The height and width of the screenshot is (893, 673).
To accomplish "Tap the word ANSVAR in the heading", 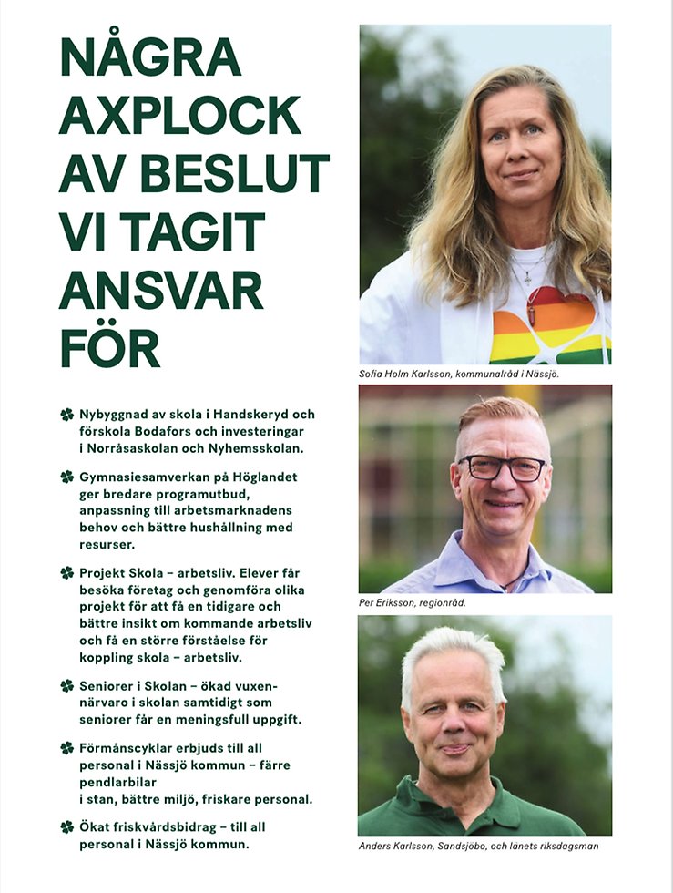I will coord(161,289).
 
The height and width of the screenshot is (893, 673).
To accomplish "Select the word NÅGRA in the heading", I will coord(150,56).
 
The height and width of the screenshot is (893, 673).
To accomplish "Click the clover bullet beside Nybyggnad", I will coord(66,415).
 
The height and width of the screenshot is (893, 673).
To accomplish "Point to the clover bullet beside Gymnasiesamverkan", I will coord(66,477).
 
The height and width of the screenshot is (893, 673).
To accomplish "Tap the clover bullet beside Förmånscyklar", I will coord(66,747).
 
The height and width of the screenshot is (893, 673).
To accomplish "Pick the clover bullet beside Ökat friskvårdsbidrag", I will coord(66,826).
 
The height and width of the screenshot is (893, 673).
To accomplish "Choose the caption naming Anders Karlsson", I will coord(478,846).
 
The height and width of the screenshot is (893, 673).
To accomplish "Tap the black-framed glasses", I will coord(502,467).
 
